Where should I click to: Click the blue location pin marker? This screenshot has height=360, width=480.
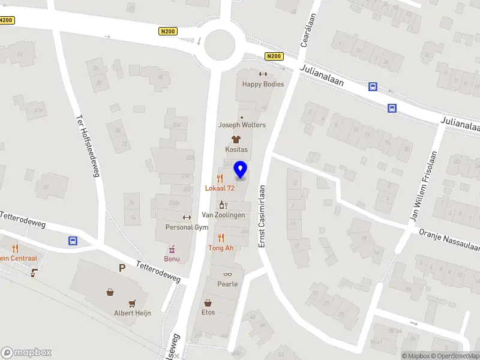pyautogui.click(x=241, y=170)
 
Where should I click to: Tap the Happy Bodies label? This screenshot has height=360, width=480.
pyautogui.click(x=263, y=84)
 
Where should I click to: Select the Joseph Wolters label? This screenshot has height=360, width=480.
pyautogui.click(x=242, y=125)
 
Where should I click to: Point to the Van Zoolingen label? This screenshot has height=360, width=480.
pyautogui.click(x=223, y=215)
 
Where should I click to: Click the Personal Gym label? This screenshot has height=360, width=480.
pyautogui.click(x=187, y=227)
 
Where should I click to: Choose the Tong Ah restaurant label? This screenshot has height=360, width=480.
pyautogui.click(x=221, y=247)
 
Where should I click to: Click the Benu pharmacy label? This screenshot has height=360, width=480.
pyautogui.click(x=172, y=259)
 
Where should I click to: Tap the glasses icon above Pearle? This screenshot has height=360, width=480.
pyautogui.click(x=227, y=274)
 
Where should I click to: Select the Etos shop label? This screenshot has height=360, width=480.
pyautogui.click(x=208, y=312)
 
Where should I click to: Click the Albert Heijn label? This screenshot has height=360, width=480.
pyautogui.click(x=133, y=313)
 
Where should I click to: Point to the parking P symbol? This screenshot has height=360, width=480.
pyautogui.click(x=122, y=268)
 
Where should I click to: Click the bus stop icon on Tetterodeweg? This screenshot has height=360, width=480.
pyautogui.click(x=73, y=241)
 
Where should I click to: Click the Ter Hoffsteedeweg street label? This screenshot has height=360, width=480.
pyautogui.click(x=87, y=146)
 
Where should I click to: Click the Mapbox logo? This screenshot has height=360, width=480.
pyautogui.click(x=26, y=353)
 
